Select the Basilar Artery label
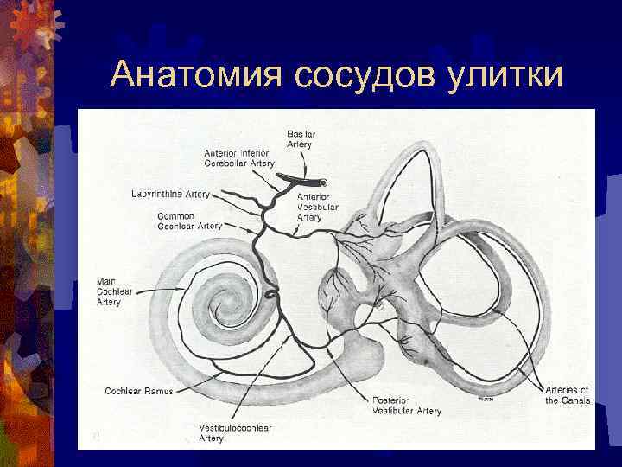[301, 138]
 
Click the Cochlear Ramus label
[138, 391]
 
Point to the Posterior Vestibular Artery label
[406, 406]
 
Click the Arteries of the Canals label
[568, 395]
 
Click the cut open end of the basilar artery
[322, 183]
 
